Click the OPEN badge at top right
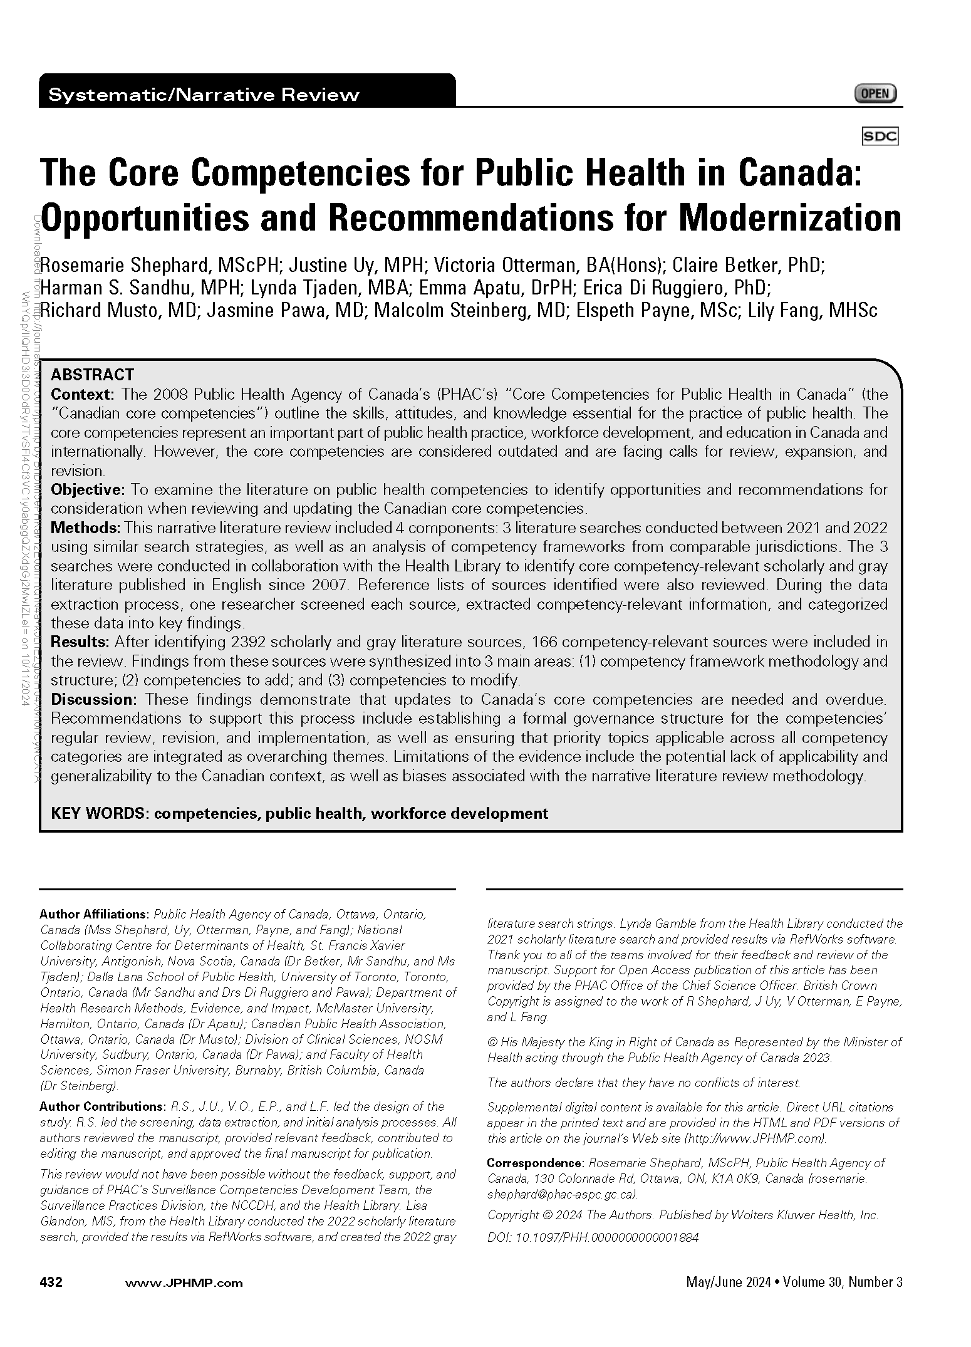[875, 94]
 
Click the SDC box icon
[880, 136]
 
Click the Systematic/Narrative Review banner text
[204, 95]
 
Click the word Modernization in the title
[790, 218]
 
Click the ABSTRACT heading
[92, 375]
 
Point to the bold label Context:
[82, 394]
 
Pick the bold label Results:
[80, 642]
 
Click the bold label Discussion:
[93, 699]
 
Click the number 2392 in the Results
[251, 642]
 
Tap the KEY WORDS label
[100, 813]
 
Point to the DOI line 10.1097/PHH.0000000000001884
[592, 1237]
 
